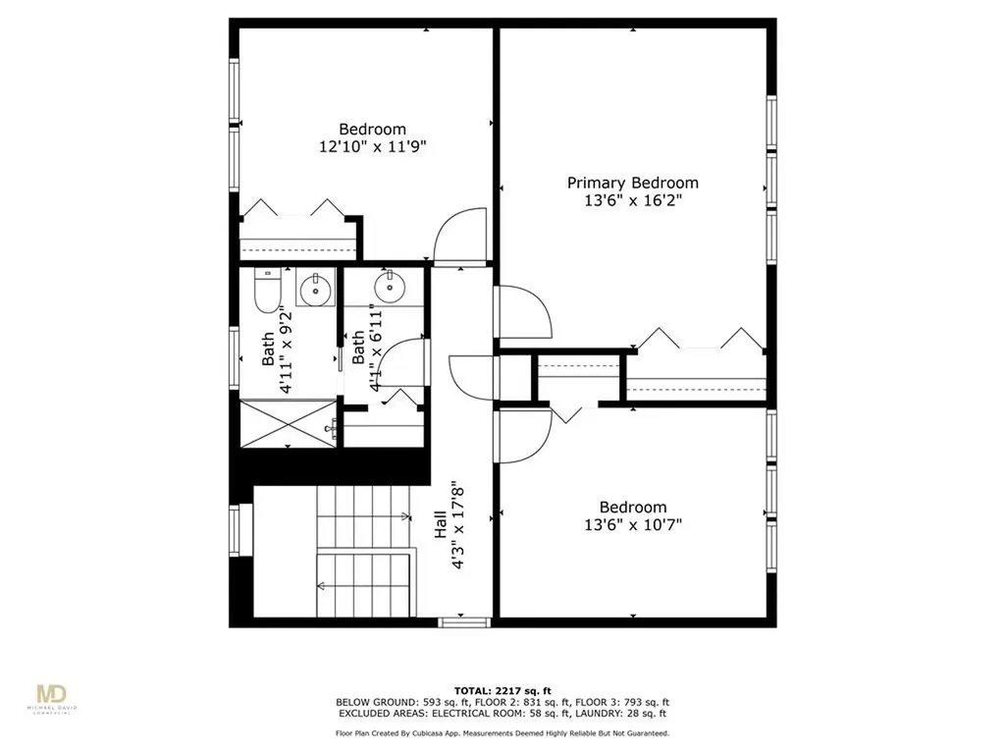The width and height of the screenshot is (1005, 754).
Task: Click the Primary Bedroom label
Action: pos(632,183)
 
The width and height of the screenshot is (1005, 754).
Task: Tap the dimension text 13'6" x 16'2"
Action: pos(632,200)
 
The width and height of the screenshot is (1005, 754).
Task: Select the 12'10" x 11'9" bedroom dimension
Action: pos(372,146)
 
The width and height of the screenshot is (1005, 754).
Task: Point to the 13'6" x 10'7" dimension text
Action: pos(632,524)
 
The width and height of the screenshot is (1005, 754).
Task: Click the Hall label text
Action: pos(442,529)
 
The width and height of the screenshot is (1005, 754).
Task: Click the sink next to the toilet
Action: pos(315,290)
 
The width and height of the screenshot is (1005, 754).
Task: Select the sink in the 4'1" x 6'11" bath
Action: pos(389,287)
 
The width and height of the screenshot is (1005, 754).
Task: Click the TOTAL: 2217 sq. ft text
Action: pos(502,690)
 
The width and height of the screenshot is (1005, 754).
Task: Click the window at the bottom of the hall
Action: pos(463,620)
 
